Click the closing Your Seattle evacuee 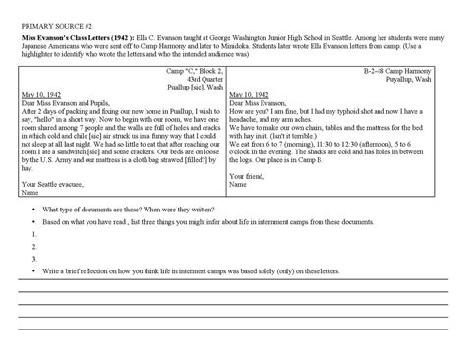[54, 182]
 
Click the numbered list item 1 [35, 234]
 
